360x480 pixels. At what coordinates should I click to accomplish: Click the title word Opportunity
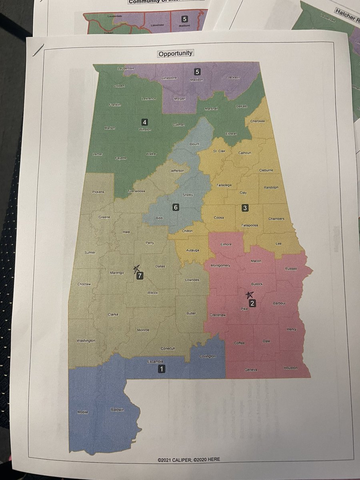coord(175,53)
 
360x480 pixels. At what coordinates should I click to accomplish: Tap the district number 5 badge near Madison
coord(197,72)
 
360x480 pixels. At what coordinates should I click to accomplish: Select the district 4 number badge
coord(144,122)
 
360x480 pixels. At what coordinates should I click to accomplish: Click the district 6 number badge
coord(175,207)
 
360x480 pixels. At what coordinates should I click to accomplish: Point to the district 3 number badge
coord(245,208)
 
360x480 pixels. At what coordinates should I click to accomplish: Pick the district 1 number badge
coord(161,369)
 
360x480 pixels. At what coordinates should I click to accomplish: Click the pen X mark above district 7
coord(137,268)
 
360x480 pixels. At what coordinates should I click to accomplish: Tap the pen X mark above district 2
coord(250,295)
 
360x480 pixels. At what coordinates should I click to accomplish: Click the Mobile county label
coord(83,412)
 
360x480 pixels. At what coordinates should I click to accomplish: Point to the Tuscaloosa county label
coord(136,191)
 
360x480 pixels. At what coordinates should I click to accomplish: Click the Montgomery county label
coord(220,266)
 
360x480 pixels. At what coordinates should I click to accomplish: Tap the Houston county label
coord(291,368)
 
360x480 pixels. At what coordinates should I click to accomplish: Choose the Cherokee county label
coord(257,121)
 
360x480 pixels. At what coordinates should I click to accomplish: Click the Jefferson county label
coord(177,171)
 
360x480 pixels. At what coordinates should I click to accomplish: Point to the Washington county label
coord(86,341)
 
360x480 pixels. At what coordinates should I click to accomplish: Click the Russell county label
coord(291,269)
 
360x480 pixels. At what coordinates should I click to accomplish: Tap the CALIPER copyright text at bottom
coord(188,460)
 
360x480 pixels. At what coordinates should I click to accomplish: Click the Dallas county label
coord(160,266)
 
